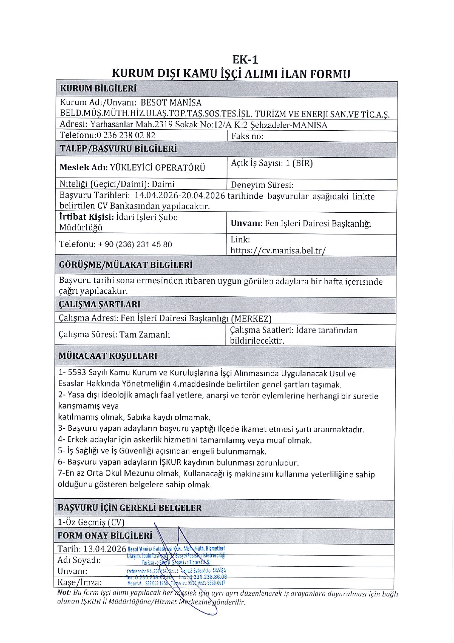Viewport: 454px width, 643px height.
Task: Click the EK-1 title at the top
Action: pos(245,60)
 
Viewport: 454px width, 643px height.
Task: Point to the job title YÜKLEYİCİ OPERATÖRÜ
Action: pos(158,167)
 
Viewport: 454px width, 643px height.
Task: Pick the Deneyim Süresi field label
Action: pos(262,185)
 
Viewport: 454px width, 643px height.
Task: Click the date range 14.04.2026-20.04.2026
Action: pos(180,196)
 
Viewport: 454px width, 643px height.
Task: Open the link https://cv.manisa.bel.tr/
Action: pos(278,251)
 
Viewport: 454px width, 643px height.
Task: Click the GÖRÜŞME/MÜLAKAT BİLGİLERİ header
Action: pos(126,265)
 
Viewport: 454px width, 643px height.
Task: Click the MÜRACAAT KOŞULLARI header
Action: pos(108,356)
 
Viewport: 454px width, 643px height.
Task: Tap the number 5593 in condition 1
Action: pos(77,373)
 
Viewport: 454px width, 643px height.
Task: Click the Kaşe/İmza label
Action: pos(80,582)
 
